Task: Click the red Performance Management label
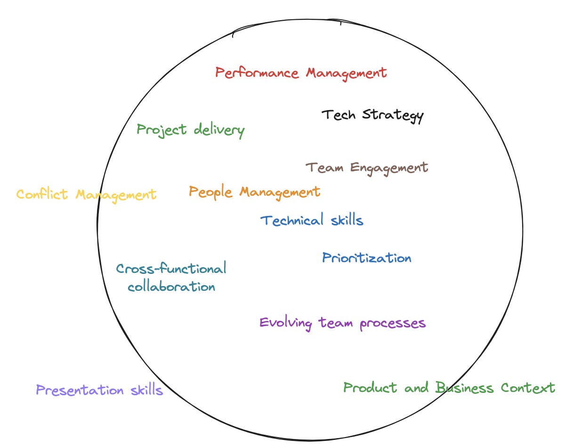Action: [301, 73]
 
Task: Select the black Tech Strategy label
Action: [372, 115]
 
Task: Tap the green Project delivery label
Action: [191, 130]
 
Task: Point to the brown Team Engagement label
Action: [367, 168]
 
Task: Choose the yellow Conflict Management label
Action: [86, 194]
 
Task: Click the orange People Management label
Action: [254, 192]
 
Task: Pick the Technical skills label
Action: [312, 220]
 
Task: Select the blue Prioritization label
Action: [366, 258]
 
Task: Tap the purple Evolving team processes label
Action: [342, 323]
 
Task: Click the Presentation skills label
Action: [99, 391]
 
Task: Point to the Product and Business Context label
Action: [449, 388]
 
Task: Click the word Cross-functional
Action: [171, 269]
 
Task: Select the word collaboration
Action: [171, 287]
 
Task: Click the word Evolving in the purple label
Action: [285, 323]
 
